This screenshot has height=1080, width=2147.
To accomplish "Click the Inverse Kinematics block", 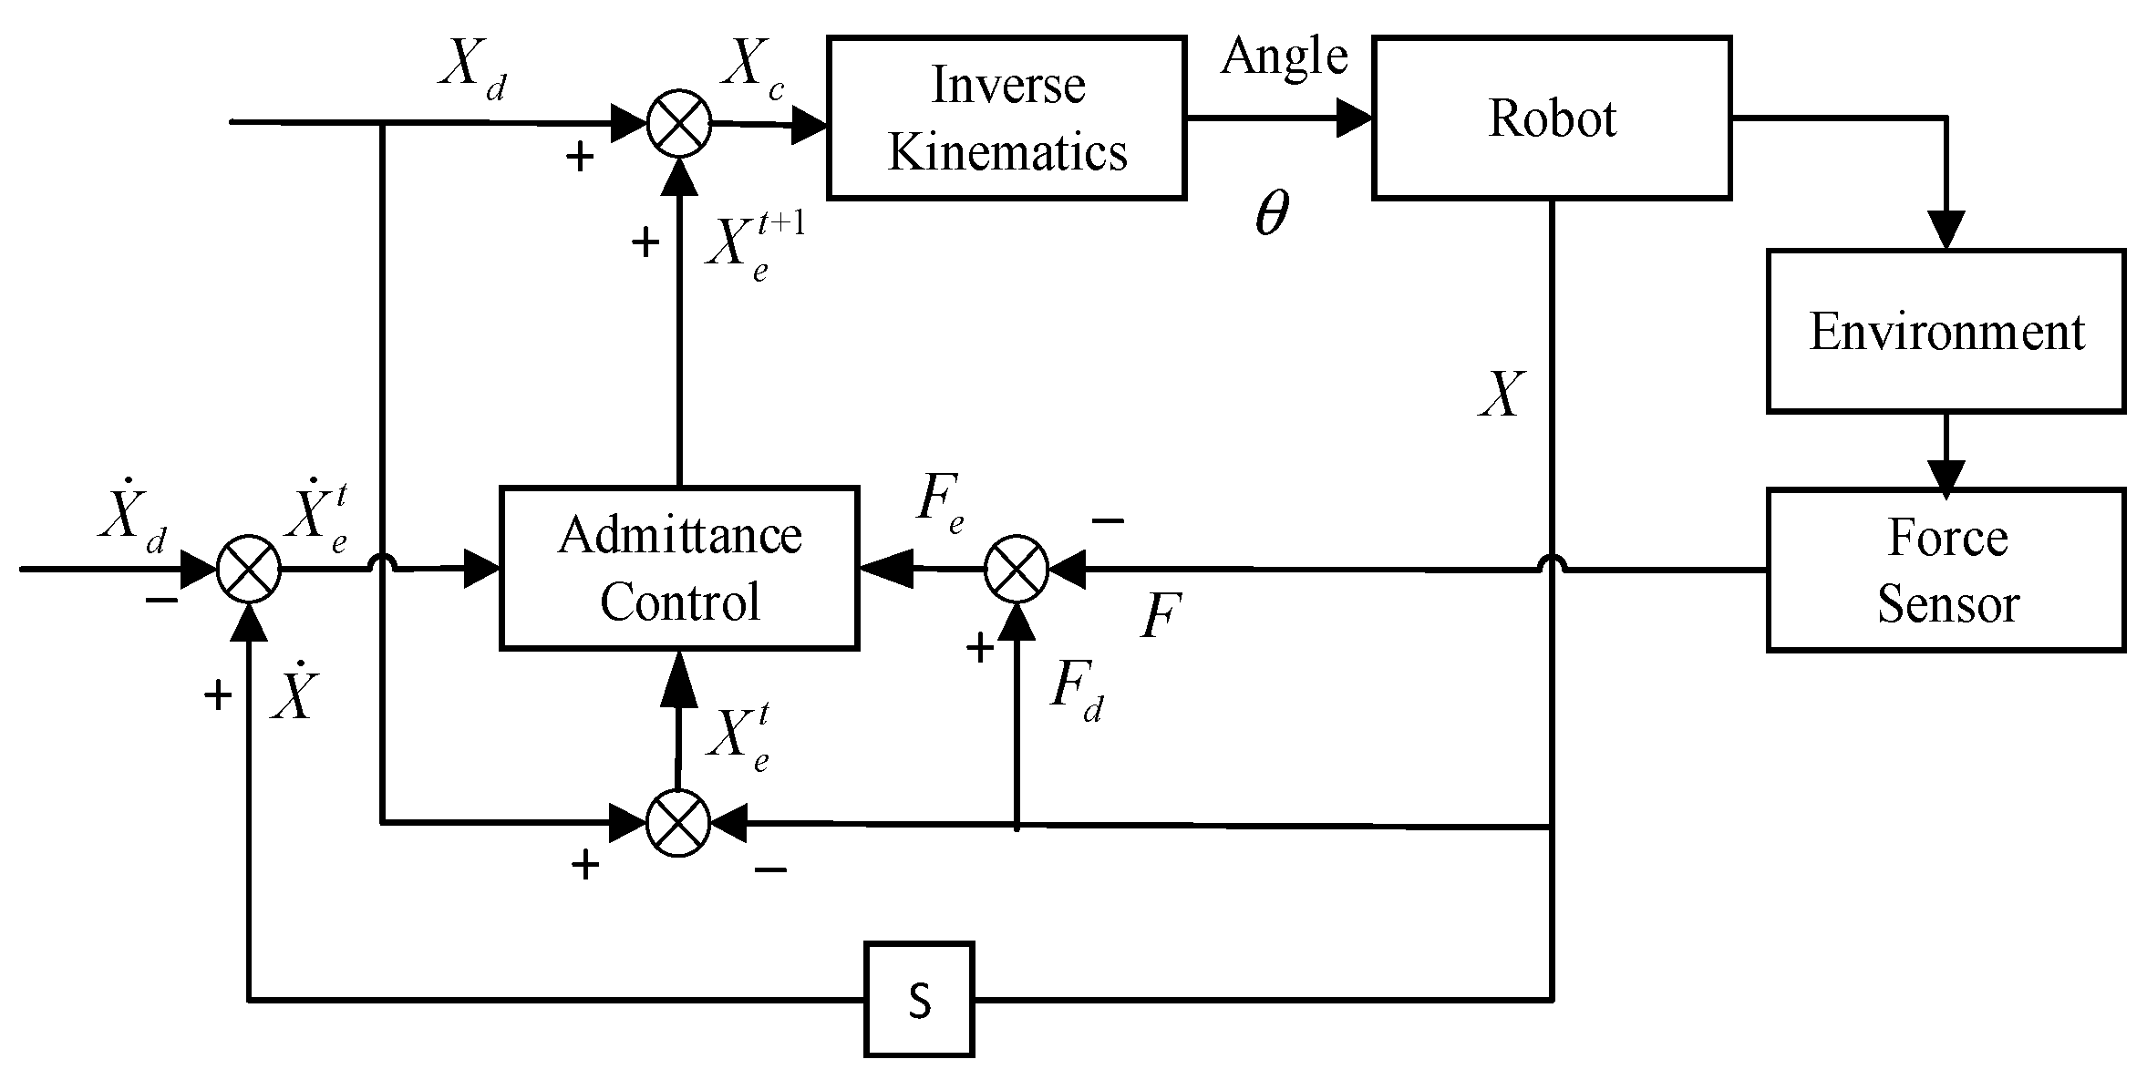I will click(x=1006, y=118).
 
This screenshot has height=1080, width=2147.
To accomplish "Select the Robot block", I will click(x=1551, y=118).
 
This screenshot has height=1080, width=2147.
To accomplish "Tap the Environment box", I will click(x=1946, y=331).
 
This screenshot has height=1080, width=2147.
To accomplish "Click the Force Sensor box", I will click(x=1946, y=570).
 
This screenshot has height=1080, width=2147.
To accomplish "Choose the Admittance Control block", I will click(x=679, y=568).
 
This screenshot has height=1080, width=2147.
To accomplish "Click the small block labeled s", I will click(x=919, y=1000).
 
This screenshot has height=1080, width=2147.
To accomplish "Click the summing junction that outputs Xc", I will click(x=679, y=124).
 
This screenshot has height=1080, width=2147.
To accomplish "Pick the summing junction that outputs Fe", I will click(x=1017, y=569).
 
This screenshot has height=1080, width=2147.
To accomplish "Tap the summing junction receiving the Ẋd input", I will click(x=249, y=570).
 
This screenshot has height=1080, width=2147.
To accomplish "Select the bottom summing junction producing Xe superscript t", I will click(x=678, y=823).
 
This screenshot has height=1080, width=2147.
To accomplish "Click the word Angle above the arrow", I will click(x=1284, y=57).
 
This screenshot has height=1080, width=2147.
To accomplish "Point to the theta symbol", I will click(x=1272, y=215).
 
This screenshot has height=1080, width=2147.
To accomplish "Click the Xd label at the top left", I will click(x=471, y=66).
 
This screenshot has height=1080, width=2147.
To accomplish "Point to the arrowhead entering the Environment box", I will click(x=1946, y=231).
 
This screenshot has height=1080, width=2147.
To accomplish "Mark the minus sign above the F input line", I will click(x=1108, y=520).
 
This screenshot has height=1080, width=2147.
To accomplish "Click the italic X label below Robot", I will click(x=1501, y=395).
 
